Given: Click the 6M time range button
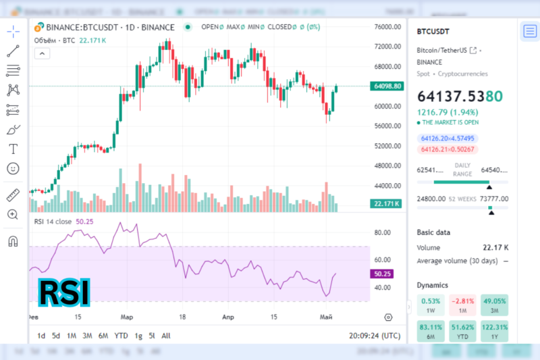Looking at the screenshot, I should coord(103,336).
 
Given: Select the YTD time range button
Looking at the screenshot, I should coord(122,336).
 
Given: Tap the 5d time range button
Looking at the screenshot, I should coord(56,336).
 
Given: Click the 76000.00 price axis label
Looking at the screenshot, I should coord(387,27).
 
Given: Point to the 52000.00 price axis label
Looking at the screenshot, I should coord(387,146).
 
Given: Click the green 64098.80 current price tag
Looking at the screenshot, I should coord(387,86).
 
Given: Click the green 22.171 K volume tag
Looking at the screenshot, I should coord(387,203).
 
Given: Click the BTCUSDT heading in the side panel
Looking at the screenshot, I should coord(433,31).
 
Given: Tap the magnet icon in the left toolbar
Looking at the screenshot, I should coord(13,241).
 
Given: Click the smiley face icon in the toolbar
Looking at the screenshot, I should coord(13,168).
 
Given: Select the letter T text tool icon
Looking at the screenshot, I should coord(13,149).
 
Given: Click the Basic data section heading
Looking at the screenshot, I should coord(434,232).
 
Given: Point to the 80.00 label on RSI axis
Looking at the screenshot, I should coord(383,233).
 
